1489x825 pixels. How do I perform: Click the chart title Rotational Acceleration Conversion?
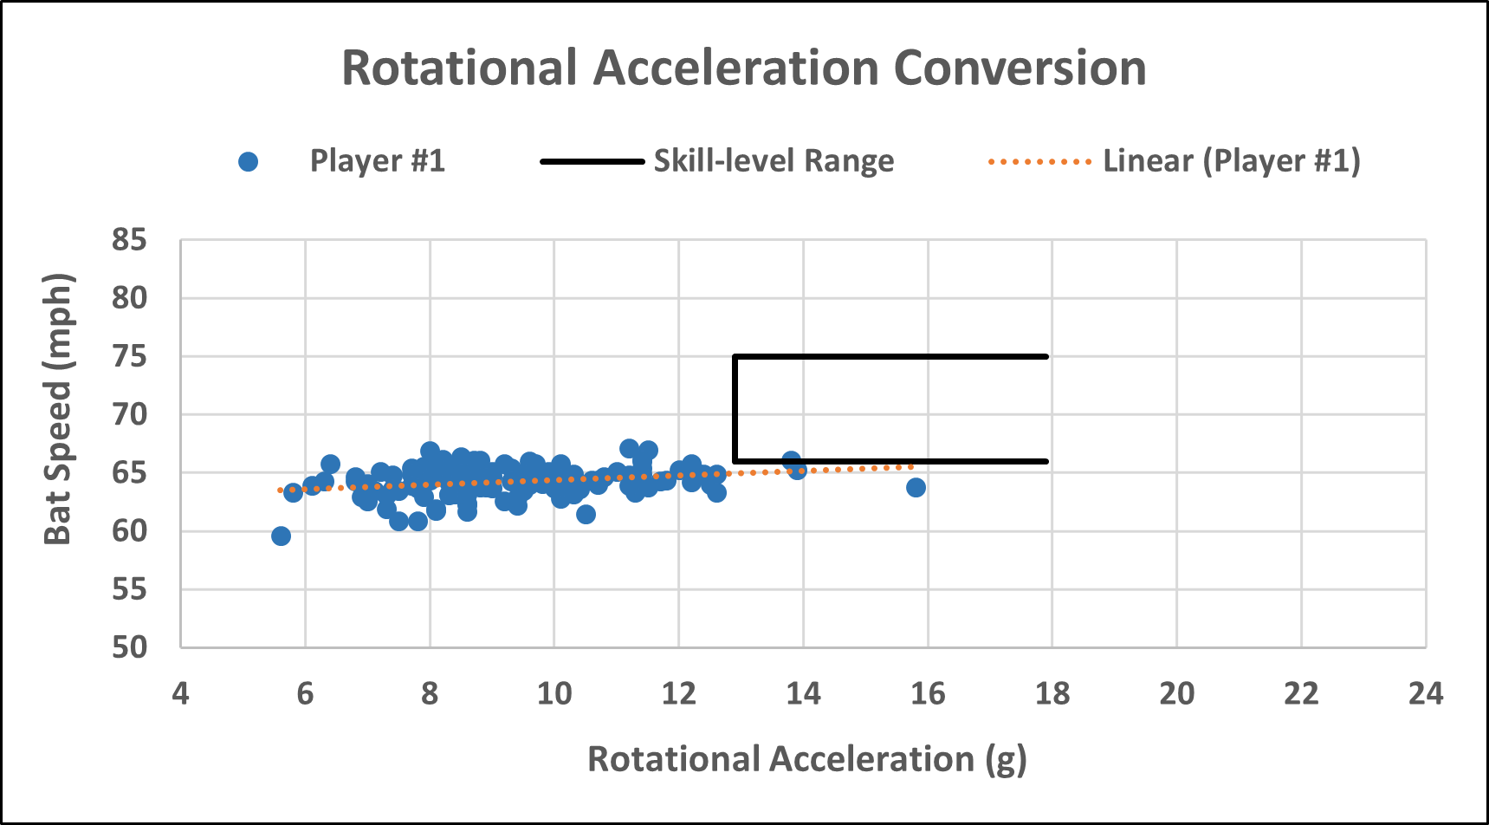tap(744, 68)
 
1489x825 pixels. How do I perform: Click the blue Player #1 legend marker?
tap(249, 162)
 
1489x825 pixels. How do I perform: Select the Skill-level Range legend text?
tap(774, 161)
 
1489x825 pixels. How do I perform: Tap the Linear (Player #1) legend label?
tap(1231, 161)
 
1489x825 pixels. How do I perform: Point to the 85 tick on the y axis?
tap(129, 240)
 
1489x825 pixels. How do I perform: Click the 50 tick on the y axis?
tap(129, 647)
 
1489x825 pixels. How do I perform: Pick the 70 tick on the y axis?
tap(129, 414)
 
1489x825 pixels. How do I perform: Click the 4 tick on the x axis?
tap(180, 693)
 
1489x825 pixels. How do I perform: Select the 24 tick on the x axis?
tap(1425, 693)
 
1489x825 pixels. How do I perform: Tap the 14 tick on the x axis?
tap(803, 693)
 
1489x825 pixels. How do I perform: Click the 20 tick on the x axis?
tap(1176, 693)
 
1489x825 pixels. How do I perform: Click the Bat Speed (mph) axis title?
tap(58, 409)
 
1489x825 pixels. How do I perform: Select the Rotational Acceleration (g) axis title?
tap(806, 759)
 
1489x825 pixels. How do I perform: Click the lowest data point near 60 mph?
tap(281, 536)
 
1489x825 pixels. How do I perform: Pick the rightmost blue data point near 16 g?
tap(916, 487)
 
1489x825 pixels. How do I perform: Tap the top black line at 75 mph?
tap(892, 356)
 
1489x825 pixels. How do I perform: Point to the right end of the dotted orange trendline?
tap(912, 467)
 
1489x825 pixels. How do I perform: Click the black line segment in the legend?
tap(592, 162)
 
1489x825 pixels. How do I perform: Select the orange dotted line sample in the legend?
tap(1039, 162)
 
